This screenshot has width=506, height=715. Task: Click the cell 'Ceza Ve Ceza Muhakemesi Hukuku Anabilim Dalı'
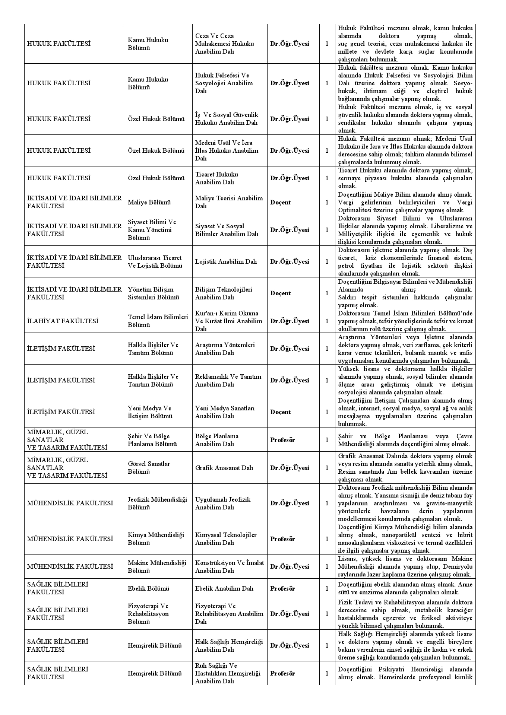click(225, 44)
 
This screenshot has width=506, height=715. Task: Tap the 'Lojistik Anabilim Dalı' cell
click(226, 261)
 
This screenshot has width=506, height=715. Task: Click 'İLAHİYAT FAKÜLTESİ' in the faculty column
click(63, 321)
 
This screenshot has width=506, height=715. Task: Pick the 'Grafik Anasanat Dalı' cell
click(224, 468)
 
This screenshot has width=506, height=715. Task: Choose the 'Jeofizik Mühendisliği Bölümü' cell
click(157, 503)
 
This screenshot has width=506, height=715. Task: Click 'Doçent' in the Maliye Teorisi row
click(280, 202)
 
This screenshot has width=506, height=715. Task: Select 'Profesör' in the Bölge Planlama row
click(282, 440)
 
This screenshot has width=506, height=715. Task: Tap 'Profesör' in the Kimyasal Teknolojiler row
click(282, 539)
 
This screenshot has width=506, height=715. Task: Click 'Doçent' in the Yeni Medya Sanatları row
click(280, 412)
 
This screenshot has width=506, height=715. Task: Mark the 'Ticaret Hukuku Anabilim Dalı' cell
click(216, 178)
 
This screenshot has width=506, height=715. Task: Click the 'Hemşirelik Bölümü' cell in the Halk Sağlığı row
click(155, 645)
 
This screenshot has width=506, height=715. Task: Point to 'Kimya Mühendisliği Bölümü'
click(156, 539)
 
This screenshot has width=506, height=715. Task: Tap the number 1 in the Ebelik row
click(327, 588)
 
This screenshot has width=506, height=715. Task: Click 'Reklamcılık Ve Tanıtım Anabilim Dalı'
click(228, 380)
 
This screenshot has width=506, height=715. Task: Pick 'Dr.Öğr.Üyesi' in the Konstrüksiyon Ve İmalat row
click(290, 566)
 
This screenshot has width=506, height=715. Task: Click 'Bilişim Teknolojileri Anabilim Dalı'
click(224, 293)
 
